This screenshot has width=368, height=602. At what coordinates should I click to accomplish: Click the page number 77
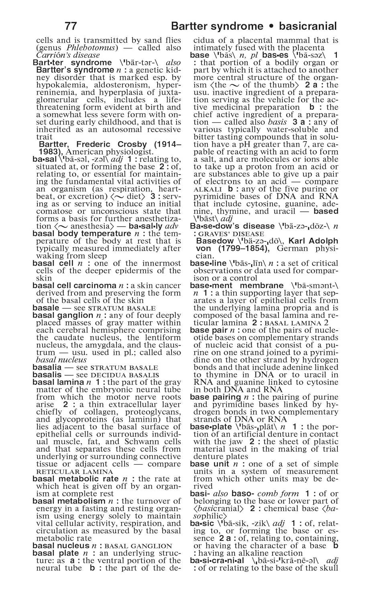tap(71, 26)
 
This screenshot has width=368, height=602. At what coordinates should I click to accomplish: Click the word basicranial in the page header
tap(308, 26)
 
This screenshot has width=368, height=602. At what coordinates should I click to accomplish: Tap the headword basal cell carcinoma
tap(74, 286)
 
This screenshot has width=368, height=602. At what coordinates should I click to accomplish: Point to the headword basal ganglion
tap(63, 315)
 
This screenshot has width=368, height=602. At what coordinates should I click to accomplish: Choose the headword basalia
tap(47, 368)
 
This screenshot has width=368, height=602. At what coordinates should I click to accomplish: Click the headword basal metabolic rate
tap(75, 479)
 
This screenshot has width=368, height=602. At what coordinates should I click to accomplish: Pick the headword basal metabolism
tap(69, 501)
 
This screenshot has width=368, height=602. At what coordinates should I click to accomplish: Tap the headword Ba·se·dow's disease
tap(232, 226)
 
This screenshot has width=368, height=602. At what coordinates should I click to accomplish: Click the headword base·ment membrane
tap(237, 286)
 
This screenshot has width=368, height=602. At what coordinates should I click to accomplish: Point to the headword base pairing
tap(216, 397)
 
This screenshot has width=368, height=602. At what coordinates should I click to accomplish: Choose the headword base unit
tap(209, 464)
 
